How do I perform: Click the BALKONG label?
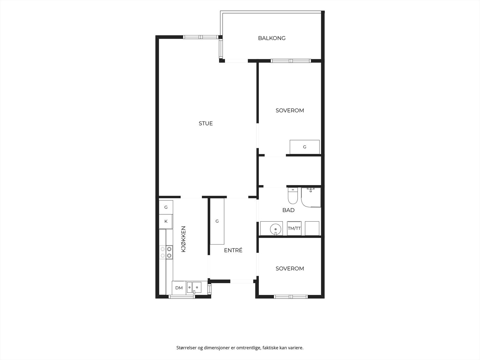click(271, 38)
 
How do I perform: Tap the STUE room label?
click(205, 124)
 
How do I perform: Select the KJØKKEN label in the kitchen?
click(184, 239)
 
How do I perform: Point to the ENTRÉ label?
click(233, 250)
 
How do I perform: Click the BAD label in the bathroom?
click(288, 210)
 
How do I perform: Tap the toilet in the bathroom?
click(292, 196)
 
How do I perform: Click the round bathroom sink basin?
click(275, 229)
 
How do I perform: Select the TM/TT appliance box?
click(294, 228)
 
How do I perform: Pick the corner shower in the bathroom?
click(311, 197)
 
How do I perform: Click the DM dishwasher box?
click(179, 288)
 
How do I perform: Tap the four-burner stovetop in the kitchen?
click(166, 252)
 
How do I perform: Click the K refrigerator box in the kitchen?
click(166, 221)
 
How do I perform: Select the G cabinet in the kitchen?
click(166, 207)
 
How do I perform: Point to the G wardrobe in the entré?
click(217, 221)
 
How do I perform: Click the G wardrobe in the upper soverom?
click(304, 147)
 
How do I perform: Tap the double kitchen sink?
click(194, 287)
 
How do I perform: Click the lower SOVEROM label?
click(290, 268)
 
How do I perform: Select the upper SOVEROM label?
click(290, 111)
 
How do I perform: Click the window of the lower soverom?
click(291, 297)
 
